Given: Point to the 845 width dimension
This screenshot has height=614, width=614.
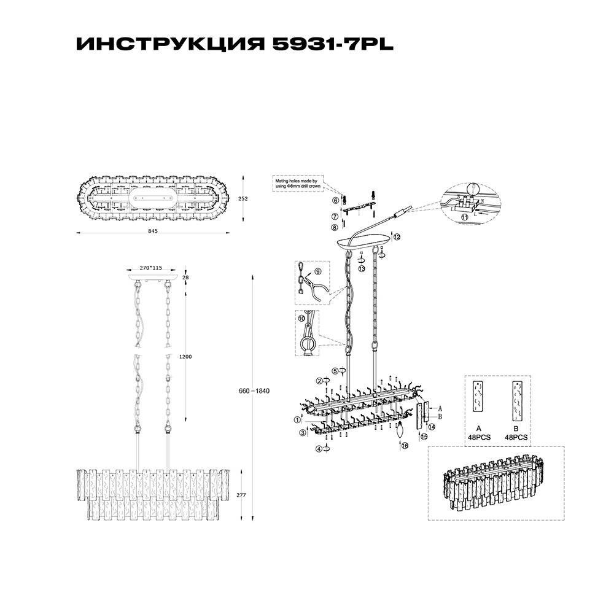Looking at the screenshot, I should point(153,231).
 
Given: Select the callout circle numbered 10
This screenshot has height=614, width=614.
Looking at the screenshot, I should point(301,319).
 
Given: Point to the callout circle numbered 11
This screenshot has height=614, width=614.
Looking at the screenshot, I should point(464,217).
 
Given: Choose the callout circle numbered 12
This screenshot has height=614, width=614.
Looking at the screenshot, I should point(397,236).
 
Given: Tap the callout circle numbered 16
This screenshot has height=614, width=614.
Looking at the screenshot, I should point(405,446).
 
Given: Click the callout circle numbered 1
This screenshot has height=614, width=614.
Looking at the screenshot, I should point(297,420).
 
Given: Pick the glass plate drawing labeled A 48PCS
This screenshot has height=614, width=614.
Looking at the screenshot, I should point(478,398).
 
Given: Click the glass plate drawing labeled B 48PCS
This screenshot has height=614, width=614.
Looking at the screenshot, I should point(516,398).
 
